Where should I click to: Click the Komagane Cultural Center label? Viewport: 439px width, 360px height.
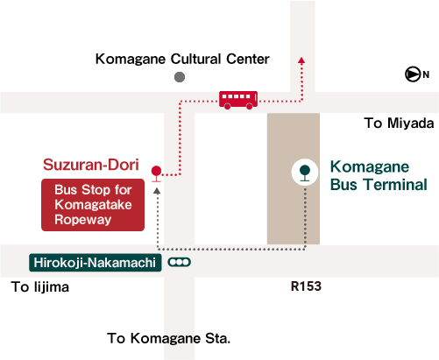[182, 59]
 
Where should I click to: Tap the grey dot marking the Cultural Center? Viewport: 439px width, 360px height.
[180, 77]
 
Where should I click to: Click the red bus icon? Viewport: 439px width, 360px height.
[238, 100]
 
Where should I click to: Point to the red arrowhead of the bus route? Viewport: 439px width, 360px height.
[301, 60]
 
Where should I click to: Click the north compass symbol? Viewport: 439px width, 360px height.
[413, 74]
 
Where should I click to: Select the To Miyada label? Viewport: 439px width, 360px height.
[399, 123]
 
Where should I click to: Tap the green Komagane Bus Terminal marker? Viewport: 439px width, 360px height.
[305, 173]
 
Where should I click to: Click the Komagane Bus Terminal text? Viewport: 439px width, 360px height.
[379, 175]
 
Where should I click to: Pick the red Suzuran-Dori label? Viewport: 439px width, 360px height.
[91, 165]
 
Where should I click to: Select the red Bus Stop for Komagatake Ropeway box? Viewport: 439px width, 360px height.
[93, 205]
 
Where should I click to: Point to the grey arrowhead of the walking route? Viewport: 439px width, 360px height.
[157, 191]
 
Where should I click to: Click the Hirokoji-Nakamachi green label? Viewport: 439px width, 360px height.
[96, 263]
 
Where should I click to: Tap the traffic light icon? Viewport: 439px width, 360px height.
[180, 262]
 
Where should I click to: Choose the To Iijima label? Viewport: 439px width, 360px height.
[40, 287]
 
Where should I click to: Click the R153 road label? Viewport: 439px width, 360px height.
[306, 286]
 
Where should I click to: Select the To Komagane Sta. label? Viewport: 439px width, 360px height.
[169, 339]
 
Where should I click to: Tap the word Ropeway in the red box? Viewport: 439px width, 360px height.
[83, 220]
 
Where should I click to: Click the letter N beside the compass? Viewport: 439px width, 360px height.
[426, 74]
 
